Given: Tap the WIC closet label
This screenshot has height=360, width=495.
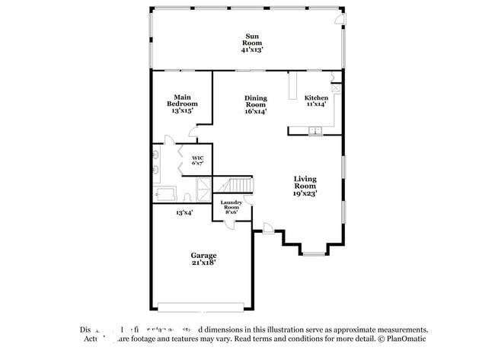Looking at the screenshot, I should point(196,160).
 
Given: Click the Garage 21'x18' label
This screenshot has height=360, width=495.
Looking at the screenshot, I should point(203,259).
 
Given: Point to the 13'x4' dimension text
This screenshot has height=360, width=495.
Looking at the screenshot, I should point(184,213).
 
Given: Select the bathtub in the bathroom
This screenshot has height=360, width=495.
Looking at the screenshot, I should point(165,194).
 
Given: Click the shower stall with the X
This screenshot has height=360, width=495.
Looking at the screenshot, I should point(203,188).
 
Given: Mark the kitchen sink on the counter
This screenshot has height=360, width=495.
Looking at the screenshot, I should point(313,132).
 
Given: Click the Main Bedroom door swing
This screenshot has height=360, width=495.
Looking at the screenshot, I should point(196,132).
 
